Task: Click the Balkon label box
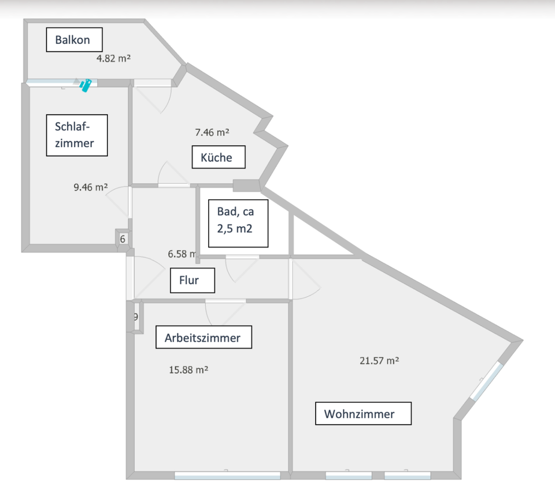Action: pos(75,40)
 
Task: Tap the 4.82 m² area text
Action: pos(113,58)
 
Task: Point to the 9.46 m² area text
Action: pos(91,187)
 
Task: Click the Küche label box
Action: pos(219,157)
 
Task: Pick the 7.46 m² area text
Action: pos(212,132)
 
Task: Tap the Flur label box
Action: pos(193,281)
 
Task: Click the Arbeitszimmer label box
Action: pos(203,337)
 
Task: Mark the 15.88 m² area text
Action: pos(188,369)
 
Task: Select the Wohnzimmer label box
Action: pos(363,414)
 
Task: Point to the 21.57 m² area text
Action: pos(380,360)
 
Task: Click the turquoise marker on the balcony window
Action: pos(86,85)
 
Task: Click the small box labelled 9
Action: pos(136,316)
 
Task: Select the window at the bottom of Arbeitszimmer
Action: pos(227,476)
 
